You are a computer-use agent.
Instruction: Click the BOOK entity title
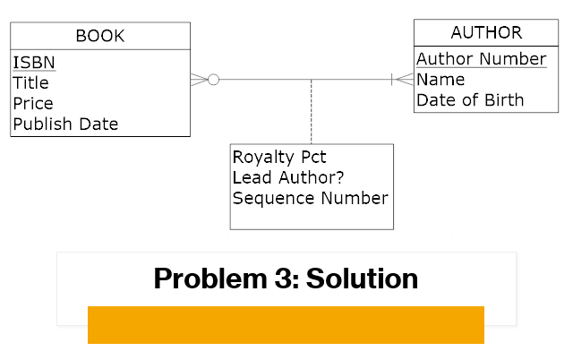(99, 37)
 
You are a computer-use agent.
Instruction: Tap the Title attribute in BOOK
(30, 82)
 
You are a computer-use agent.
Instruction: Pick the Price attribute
(33, 103)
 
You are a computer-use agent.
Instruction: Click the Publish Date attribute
(65, 124)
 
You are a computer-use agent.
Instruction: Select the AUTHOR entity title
(486, 33)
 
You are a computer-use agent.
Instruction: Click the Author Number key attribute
(481, 59)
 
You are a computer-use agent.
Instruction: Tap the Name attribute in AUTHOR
(440, 80)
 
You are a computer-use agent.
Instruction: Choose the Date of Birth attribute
(470, 100)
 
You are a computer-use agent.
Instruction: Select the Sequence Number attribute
(310, 198)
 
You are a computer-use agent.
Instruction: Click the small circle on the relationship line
(213, 80)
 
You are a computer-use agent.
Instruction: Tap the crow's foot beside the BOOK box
(198, 80)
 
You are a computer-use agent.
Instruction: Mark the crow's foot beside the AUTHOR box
(403, 80)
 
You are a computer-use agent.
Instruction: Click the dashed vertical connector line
(311, 112)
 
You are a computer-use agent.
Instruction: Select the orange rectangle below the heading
(286, 325)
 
